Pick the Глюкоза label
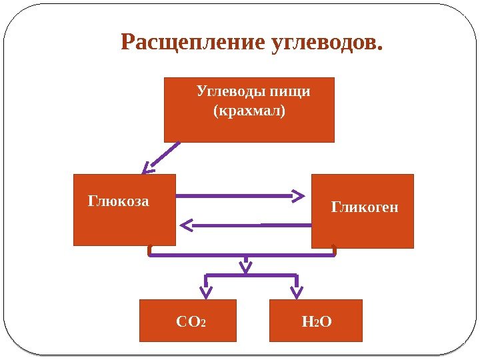(119, 201)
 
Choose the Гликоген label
(365, 207)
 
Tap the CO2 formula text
(191, 323)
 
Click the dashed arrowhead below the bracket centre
(246, 268)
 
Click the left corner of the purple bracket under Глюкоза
(151, 253)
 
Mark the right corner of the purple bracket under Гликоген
(334, 253)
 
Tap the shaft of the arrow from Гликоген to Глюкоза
(253, 225)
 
